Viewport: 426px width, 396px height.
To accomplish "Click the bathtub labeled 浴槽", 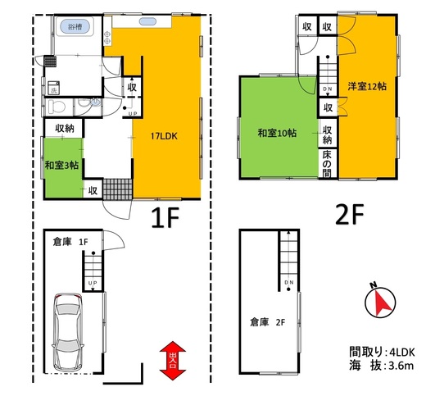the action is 75,26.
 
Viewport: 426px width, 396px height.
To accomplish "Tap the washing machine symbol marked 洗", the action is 54,88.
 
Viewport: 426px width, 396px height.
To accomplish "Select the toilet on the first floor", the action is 57,107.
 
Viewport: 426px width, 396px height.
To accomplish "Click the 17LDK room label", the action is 164,136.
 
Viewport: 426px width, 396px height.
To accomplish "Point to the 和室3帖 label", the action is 62,166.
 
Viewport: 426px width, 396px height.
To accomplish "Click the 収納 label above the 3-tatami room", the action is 65,128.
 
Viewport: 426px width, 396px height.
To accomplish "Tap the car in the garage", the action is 68,332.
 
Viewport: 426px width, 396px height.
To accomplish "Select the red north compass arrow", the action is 383,303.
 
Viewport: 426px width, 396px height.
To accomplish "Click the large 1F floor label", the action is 165,217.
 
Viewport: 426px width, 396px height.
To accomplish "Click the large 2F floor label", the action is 350,215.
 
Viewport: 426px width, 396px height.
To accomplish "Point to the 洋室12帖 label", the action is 367,86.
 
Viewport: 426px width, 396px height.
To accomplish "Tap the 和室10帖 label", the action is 277,134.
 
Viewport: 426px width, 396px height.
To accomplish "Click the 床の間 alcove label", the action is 327,163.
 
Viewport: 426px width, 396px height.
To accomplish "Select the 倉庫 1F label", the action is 70,242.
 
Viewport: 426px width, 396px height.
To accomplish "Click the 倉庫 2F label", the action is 268,322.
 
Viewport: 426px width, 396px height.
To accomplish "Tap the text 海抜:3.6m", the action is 381,366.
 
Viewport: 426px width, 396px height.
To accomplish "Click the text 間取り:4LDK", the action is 382,352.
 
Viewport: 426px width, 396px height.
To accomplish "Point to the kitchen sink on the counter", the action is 147,21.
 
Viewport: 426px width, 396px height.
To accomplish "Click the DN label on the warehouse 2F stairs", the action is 288,282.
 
